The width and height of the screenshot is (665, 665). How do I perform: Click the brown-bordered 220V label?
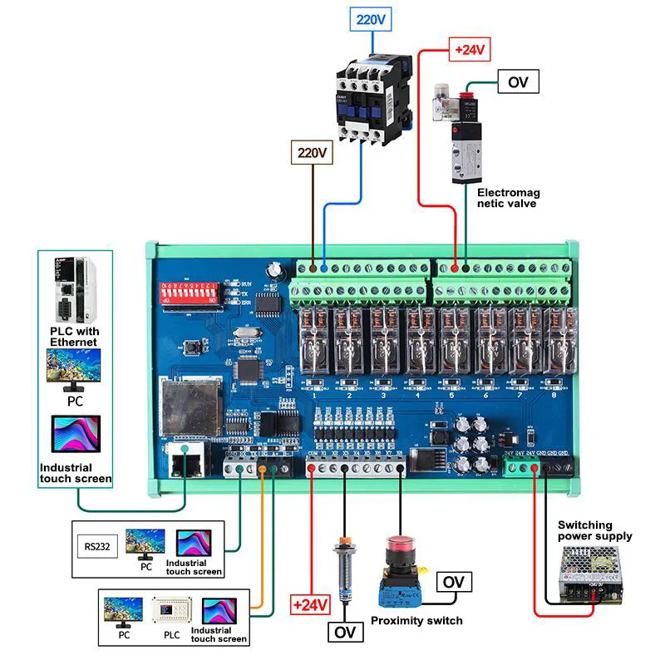click(312, 153)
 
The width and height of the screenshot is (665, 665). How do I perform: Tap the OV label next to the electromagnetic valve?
click(518, 81)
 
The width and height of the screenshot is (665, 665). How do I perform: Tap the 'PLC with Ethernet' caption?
click(74, 337)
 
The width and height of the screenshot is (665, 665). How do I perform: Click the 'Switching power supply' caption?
click(594, 530)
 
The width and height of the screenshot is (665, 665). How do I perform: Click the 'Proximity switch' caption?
click(416, 620)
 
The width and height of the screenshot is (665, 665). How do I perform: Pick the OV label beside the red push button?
click(454, 581)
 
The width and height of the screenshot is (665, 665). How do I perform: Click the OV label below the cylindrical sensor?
click(345, 633)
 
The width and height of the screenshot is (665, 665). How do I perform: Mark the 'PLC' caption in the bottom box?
click(171, 634)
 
